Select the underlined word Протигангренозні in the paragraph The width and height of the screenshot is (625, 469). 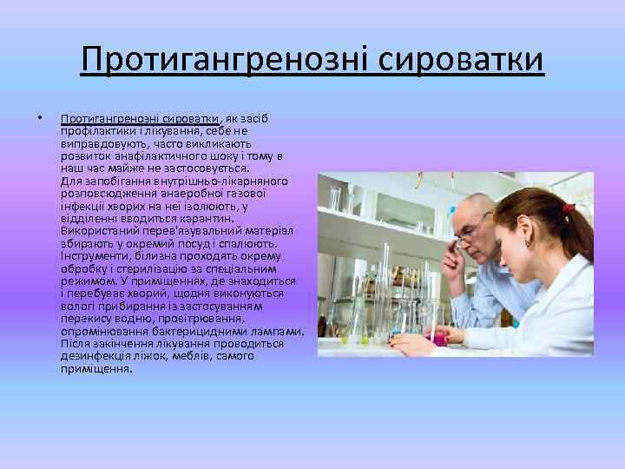click(x=102, y=119)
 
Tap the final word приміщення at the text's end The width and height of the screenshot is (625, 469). click(x=95, y=368)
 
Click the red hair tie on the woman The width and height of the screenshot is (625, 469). click(x=568, y=208)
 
